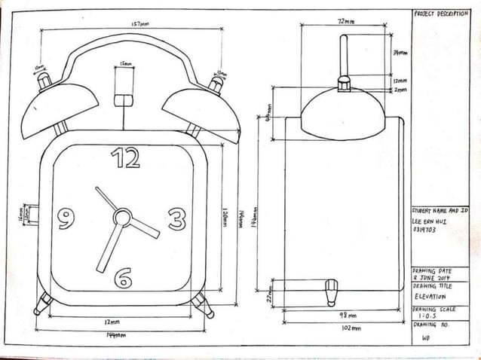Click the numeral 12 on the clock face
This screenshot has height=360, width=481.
click(126, 157)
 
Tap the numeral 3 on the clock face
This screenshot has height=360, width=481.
click(176, 219)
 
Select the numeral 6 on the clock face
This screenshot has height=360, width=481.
click(123, 278)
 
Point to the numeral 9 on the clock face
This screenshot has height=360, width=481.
click(66, 219)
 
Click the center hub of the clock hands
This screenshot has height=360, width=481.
click(121, 218)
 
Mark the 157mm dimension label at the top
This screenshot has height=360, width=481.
click(139, 24)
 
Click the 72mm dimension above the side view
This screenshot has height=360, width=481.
click(346, 21)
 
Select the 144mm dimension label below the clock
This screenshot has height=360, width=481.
click(115, 334)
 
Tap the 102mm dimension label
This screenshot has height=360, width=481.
click(351, 328)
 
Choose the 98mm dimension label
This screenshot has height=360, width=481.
click(348, 315)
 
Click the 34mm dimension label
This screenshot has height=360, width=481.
click(400, 53)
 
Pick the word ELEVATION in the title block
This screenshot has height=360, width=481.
click(430, 297)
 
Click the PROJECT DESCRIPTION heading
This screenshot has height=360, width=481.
click(441, 14)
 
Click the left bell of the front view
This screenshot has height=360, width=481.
click(58, 111)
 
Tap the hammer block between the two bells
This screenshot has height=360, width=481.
click(121, 100)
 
